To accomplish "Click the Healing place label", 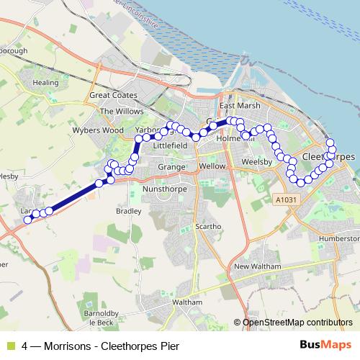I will pos(45,84).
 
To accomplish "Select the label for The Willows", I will pos(117,112).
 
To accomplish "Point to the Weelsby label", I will pos(255,162).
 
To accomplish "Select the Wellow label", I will pos(212,166).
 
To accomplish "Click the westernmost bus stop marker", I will pos(28,220).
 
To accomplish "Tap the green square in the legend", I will pos(9,346).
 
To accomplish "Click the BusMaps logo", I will pos(325,345).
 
